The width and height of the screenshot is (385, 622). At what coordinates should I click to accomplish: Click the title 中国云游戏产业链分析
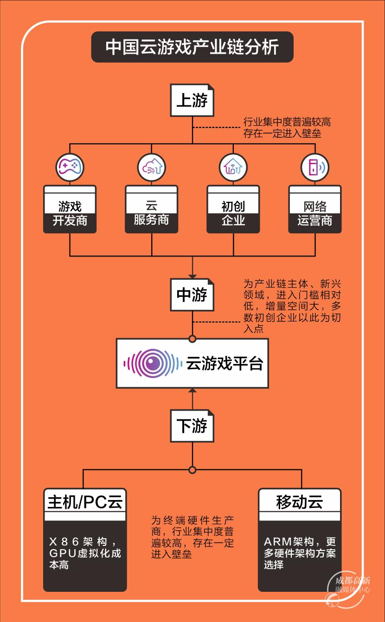tap(192, 47)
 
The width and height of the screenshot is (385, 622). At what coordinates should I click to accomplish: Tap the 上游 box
tap(192, 100)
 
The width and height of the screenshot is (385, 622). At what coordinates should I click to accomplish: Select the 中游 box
tap(192, 295)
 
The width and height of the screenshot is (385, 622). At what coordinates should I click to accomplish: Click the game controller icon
tap(70, 167)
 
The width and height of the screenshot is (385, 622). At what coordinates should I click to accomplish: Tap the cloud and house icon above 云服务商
tap(151, 167)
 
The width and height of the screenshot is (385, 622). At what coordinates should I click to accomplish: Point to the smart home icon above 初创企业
tap(233, 167)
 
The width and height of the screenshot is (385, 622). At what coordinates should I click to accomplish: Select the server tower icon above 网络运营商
tap(314, 167)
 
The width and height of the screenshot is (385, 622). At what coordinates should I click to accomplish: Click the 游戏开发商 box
tap(70, 209)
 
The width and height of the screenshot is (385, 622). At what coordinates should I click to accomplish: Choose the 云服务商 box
tap(151, 209)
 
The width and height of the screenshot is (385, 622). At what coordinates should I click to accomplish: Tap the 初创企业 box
tap(233, 209)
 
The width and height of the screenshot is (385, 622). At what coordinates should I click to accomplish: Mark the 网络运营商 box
tap(314, 209)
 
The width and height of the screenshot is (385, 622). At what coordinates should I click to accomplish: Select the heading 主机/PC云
tap(85, 502)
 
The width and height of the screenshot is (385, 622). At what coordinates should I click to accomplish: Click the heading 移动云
tap(300, 502)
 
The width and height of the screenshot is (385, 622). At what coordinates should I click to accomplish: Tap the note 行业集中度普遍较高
tap(287, 122)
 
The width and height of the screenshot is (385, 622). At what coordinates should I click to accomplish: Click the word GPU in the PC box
tap(63, 553)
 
